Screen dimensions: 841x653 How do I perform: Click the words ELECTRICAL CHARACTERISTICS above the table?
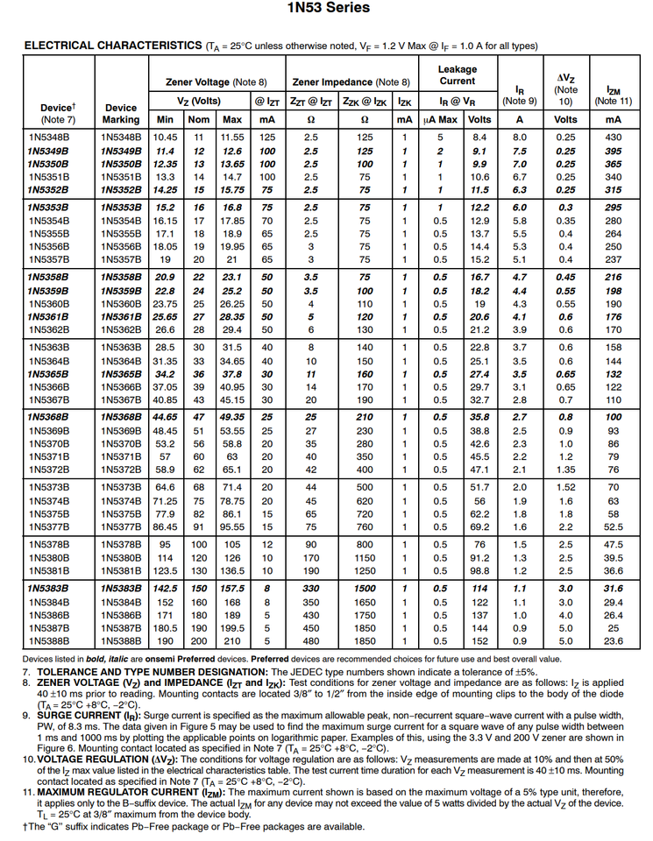pyautogui.click(x=112, y=46)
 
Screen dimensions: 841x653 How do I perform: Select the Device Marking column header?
pyautogui.click(x=120, y=114)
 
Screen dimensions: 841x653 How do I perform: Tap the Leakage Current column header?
pyautogui.click(x=458, y=75)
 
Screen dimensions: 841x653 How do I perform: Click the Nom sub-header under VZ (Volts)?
pyautogui.click(x=199, y=119)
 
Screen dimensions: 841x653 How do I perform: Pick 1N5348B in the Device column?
pyautogui.click(x=48, y=137)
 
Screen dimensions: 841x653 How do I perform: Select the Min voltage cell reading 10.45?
pyautogui.click(x=165, y=137)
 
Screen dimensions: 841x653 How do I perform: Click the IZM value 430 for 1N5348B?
pyautogui.click(x=613, y=137)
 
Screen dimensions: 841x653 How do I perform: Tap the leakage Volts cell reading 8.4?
pyautogui.click(x=479, y=137)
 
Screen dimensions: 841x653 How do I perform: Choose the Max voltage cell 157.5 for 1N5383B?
pyautogui.click(x=232, y=589)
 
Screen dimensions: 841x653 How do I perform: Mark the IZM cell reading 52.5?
pyautogui.click(x=613, y=527)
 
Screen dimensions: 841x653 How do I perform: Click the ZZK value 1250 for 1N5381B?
pyautogui.click(x=365, y=570)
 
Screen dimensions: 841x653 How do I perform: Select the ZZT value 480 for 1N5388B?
pyautogui.click(x=310, y=640)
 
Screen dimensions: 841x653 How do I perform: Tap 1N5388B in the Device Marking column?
pyautogui.click(x=120, y=640)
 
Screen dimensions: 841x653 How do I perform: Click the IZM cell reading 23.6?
pyautogui.click(x=613, y=640)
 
